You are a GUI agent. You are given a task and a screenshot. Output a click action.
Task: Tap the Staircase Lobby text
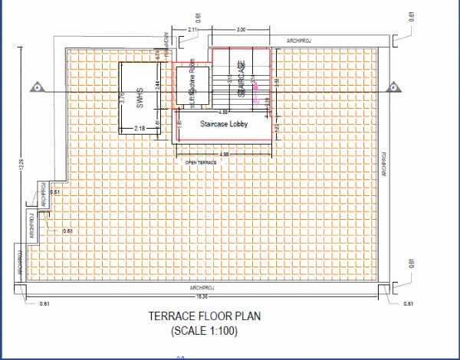tap(224, 123)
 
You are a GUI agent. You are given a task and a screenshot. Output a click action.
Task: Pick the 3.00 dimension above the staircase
tap(241, 30)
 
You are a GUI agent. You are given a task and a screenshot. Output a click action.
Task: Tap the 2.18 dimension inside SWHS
tap(140, 127)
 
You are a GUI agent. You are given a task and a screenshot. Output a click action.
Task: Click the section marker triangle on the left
tap(35, 88)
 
